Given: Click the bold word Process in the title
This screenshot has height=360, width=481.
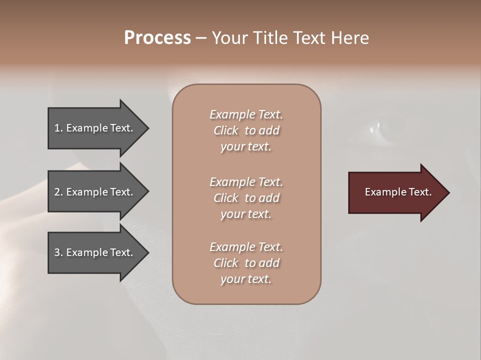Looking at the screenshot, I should [x=157, y=38].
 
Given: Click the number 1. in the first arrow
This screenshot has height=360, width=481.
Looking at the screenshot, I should [x=58, y=128].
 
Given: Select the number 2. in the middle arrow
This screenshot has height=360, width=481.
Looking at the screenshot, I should [x=58, y=192].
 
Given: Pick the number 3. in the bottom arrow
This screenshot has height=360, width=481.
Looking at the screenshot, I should [x=58, y=253].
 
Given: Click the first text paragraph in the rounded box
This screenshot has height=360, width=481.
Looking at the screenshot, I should [x=246, y=130].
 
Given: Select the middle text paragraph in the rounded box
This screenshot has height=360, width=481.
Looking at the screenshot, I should [x=246, y=198].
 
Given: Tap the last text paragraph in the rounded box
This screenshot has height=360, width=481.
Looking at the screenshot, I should [x=246, y=263].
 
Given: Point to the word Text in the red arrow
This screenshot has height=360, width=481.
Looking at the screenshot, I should [x=420, y=192].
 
